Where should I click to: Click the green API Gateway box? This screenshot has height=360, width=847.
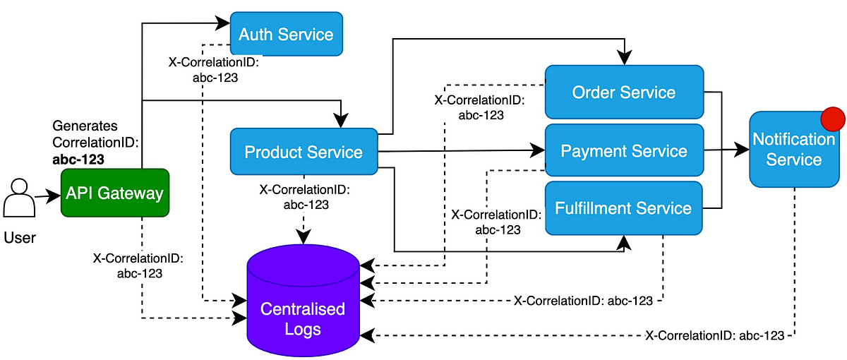coord(115,193)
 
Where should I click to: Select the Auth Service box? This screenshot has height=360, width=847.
coord(286,34)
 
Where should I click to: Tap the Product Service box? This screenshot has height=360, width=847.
coord(304,152)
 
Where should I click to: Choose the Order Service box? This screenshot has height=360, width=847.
coord(624,92)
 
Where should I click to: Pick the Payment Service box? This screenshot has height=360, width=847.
coord(624,150)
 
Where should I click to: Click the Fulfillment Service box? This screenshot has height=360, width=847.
coord(624,208)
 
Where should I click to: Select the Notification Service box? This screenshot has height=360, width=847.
coord(793,149)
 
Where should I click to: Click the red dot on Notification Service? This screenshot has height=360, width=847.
coord(834,118)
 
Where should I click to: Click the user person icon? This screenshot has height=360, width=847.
coord(19,200)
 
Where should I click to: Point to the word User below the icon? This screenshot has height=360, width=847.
coord(19,238)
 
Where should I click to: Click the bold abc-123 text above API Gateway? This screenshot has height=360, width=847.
coord(78,159)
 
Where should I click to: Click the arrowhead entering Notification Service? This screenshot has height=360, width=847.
coord(742,150)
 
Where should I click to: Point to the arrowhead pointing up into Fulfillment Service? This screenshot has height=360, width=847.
coord(623,242)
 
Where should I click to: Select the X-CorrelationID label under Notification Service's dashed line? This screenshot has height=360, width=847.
coord(714,335)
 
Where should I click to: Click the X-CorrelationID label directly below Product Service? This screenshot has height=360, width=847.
coord(304,197)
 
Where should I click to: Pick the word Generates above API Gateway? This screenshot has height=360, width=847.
coord(85,126)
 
